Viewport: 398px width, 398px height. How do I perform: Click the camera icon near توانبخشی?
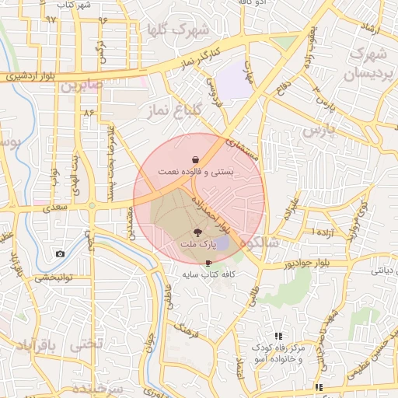click(60, 254)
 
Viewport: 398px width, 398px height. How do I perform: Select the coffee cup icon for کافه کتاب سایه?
click(208, 263)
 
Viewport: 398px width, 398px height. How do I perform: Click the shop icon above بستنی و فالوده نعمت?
click(194, 158)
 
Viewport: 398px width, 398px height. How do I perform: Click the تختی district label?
click(86, 344)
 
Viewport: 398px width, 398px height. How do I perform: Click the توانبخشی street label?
click(47, 277)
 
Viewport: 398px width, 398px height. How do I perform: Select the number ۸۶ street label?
click(88, 113)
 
